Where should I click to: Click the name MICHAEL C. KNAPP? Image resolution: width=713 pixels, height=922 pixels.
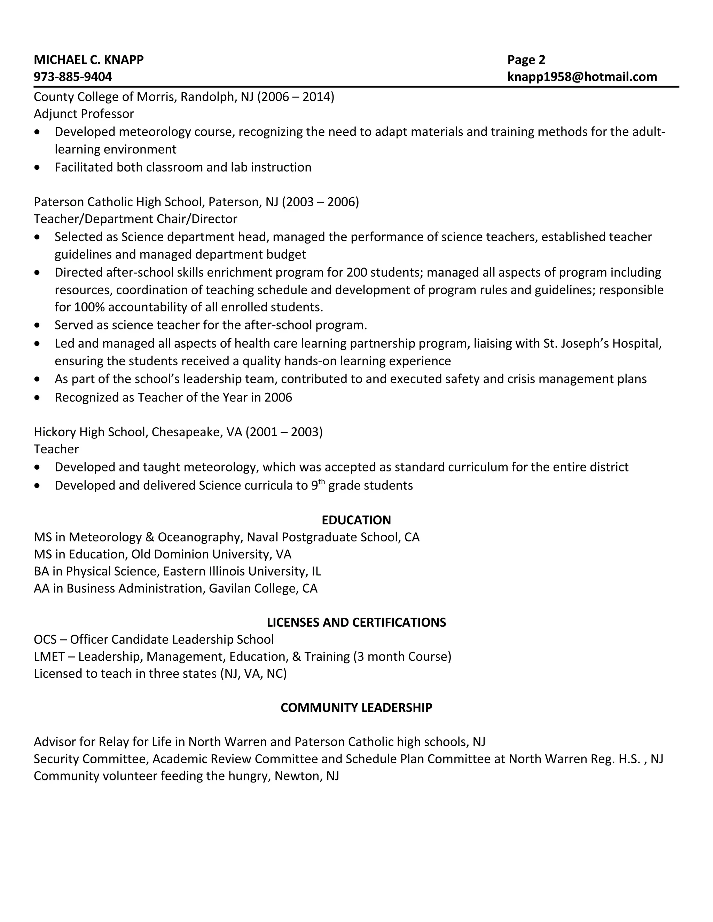[x=89, y=59]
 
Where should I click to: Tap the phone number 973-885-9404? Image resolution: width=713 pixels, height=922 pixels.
[x=73, y=77]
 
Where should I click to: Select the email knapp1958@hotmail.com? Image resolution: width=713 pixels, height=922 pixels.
[x=582, y=77]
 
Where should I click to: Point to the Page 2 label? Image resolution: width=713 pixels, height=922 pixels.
[x=526, y=59]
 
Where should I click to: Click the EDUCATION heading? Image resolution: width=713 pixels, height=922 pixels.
[x=356, y=520]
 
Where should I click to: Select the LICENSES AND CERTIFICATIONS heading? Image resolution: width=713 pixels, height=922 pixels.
[x=356, y=622]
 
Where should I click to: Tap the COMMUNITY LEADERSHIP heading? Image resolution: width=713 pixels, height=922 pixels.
[x=356, y=708]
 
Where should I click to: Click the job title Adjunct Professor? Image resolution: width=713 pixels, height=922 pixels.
[x=84, y=114]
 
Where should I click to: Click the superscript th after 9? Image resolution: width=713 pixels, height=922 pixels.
[x=321, y=482]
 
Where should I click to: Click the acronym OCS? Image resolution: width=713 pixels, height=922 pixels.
[x=45, y=639]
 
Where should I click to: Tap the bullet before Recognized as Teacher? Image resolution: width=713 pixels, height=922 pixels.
[x=38, y=397]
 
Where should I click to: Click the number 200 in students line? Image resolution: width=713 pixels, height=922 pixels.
[x=357, y=272]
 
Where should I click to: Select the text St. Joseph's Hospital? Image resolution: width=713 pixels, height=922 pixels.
[x=602, y=343]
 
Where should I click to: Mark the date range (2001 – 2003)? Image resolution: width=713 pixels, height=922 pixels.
[x=284, y=432]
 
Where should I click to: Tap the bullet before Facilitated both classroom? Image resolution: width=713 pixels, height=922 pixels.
[x=38, y=168]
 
